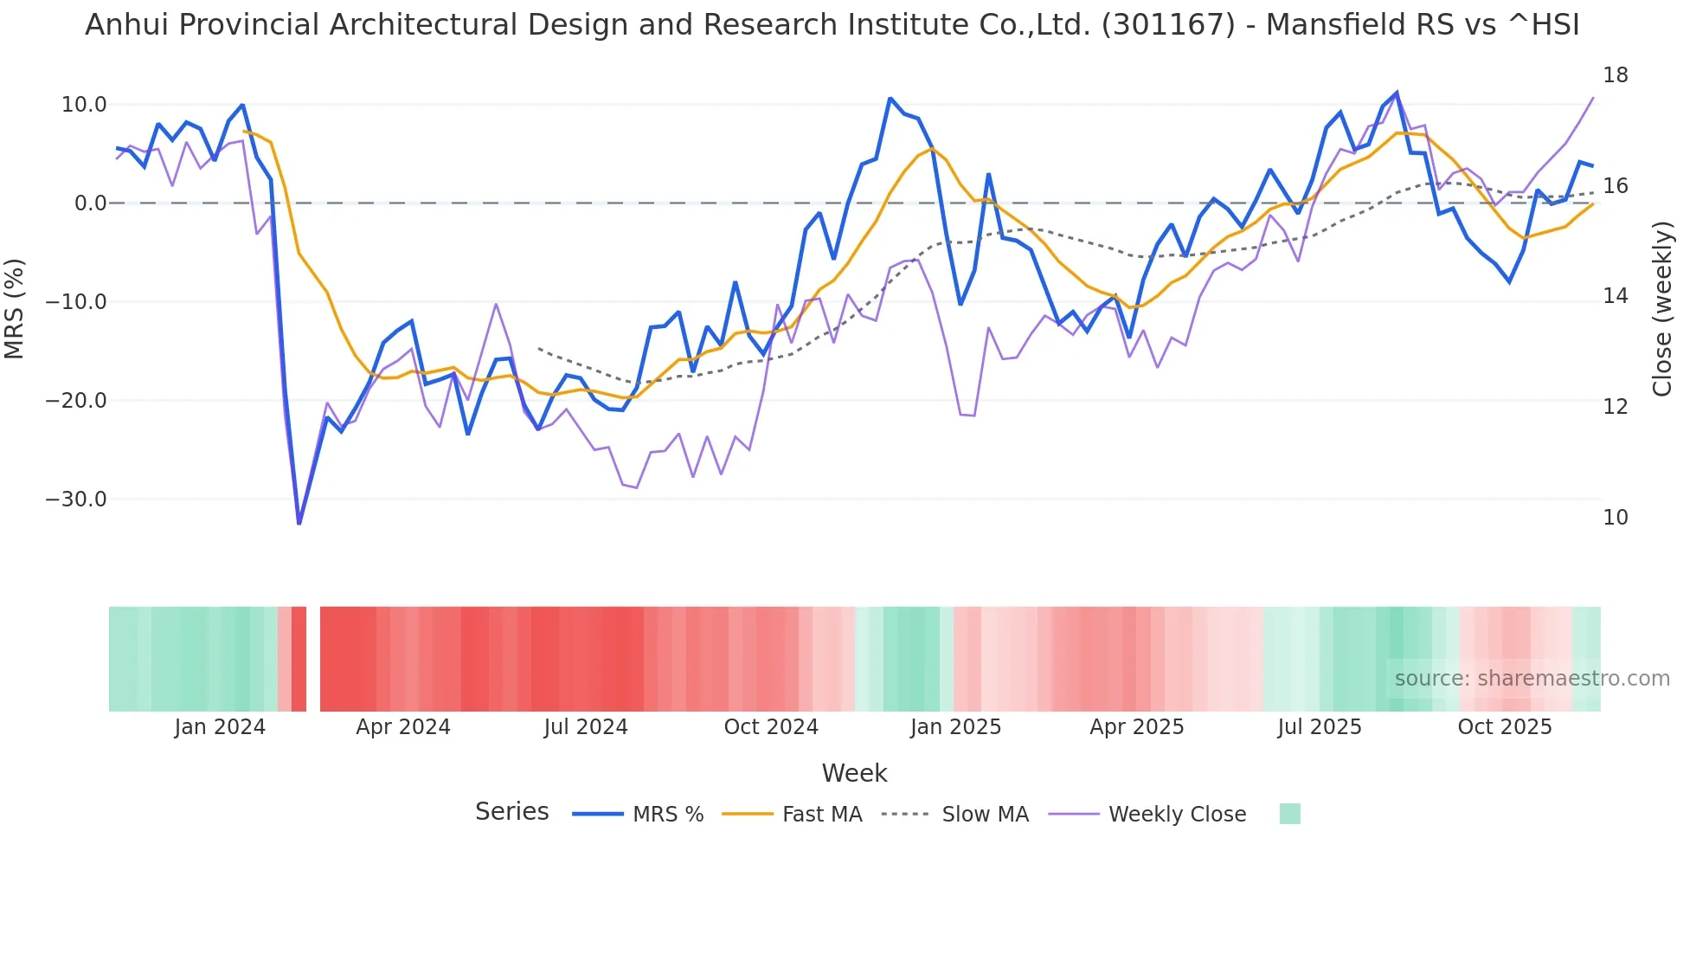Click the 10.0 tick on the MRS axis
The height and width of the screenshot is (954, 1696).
[84, 105]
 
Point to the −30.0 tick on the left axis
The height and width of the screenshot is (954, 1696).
[76, 500]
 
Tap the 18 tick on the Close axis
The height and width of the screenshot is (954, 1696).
[1615, 75]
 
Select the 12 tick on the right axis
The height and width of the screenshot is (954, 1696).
[1615, 406]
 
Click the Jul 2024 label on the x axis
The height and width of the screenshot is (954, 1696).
[586, 727]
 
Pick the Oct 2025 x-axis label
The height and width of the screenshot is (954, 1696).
[1504, 727]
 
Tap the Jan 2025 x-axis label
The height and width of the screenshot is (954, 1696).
[955, 727]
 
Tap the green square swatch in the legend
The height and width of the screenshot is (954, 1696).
[1289, 814]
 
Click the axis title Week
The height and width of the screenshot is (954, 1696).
[854, 773]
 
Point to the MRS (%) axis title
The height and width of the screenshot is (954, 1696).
[15, 308]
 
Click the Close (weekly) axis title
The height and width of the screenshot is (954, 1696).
[1661, 308]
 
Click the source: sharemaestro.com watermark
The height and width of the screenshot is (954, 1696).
[1532, 679]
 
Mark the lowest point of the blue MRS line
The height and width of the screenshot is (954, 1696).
[299, 523]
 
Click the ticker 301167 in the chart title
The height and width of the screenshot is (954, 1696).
[1168, 25]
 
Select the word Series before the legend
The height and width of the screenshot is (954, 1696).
[511, 812]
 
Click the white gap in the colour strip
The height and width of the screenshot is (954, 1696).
[313, 659]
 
